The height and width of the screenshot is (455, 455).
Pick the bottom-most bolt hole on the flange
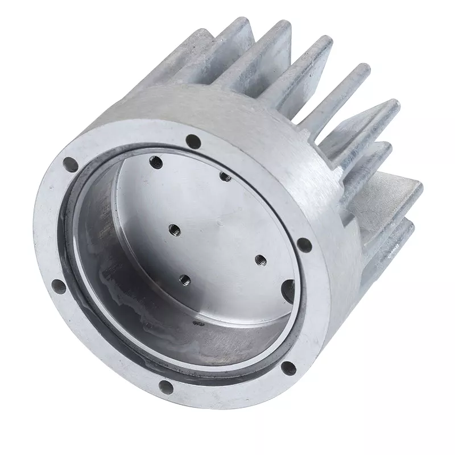[166, 388]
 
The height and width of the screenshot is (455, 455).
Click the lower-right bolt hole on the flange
[289, 368]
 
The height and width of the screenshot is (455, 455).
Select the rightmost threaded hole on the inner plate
[260, 260]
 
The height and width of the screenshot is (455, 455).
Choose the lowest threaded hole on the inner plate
[184, 279]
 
